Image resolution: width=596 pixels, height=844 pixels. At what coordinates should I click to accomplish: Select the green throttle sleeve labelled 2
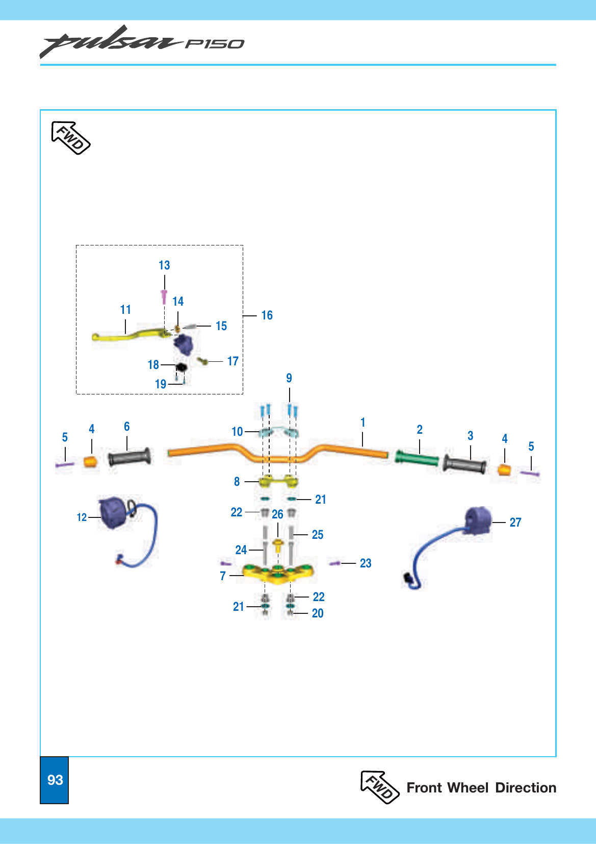[417, 457]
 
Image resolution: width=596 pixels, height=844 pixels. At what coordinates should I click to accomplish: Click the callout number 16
[267, 315]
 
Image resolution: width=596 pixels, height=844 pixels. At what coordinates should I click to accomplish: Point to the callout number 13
[164, 265]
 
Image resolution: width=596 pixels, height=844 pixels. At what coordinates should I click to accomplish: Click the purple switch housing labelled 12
[112, 513]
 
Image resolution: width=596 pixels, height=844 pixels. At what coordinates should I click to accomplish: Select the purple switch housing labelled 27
[478, 520]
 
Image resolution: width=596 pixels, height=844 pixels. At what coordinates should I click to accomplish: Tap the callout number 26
[277, 514]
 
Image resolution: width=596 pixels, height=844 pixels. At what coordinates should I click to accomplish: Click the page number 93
[55, 780]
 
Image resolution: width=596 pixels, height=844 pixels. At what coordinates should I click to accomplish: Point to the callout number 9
[289, 378]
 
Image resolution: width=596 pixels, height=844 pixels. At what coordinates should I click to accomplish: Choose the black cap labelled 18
[182, 366]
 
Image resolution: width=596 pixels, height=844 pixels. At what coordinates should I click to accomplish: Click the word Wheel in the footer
[468, 788]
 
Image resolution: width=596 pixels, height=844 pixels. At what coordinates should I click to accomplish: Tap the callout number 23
[366, 563]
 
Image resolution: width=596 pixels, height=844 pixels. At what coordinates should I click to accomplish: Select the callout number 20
[318, 613]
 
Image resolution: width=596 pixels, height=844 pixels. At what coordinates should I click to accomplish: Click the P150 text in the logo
[214, 44]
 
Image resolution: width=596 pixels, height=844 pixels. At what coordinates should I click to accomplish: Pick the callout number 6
[127, 427]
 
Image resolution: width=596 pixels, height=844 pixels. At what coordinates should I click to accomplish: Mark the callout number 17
[232, 361]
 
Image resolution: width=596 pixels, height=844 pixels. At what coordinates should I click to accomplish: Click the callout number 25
[318, 535]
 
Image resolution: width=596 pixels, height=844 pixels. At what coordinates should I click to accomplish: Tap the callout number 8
[237, 482]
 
